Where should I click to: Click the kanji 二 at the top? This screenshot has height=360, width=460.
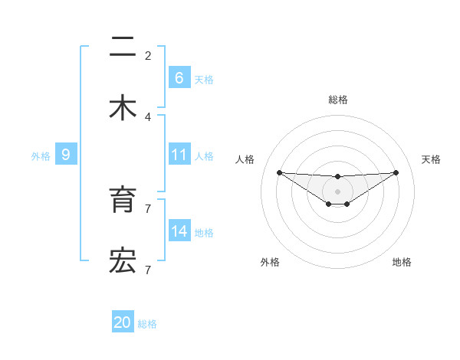click(x=123, y=48)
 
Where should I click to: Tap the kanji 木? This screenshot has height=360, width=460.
click(x=123, y=108)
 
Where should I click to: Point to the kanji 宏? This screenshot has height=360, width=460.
click(x=123, y=261)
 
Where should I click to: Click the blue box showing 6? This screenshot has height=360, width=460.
click(x=179, y=77)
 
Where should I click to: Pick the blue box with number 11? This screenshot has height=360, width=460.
click(x=179, y=155)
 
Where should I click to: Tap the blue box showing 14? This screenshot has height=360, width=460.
click(x=179, y=231)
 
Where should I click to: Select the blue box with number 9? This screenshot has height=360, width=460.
click(x=66, y=155)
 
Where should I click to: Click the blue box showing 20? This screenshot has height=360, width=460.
click(x=123, y=322)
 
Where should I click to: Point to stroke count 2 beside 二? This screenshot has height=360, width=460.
click(x=148, y=55)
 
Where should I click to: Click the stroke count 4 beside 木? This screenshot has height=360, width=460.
click(x=148, y=116)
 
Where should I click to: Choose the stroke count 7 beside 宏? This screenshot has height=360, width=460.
click(x=148, y=270)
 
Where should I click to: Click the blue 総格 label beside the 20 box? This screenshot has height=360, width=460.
click(x=147, y=324)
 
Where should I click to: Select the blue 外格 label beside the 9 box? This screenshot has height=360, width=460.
click(x=41, y=156)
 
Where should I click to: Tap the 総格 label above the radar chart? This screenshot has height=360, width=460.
click(x=338, y=100)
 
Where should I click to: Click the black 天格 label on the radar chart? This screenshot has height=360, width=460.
click(x=432, y=159)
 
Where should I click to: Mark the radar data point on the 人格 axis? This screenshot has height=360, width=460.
click(x=279, y=172)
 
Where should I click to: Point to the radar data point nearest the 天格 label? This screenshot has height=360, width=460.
click(x=396, y=172)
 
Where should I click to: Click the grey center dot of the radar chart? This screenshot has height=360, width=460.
click(x=338, y=191)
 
